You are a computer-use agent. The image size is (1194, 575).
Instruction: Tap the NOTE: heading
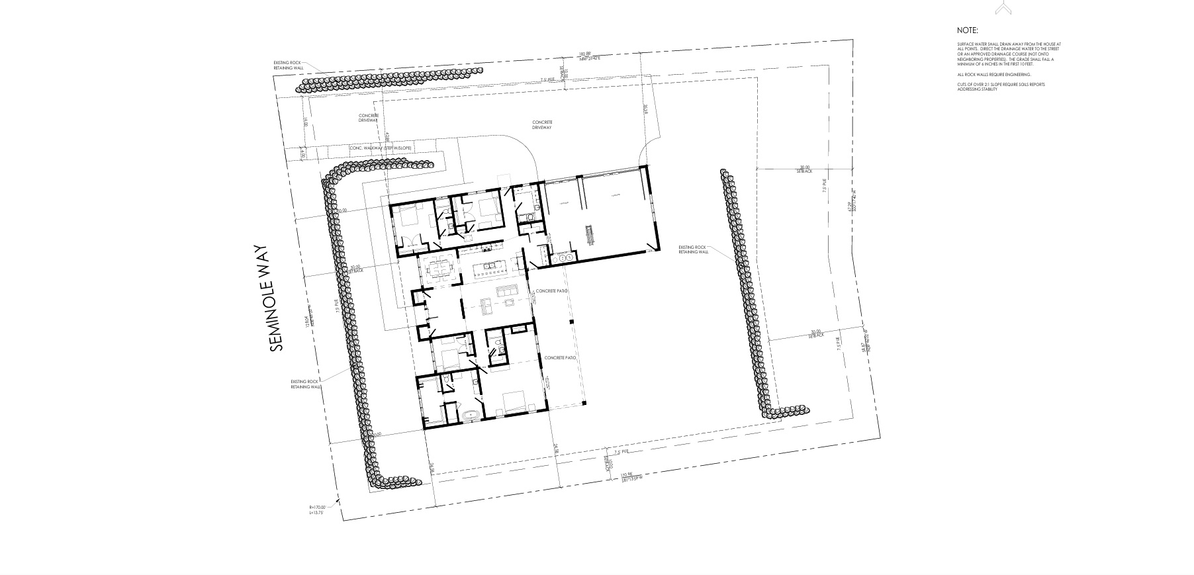[967, 30]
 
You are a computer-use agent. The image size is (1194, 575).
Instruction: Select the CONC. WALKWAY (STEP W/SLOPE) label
[380, 148]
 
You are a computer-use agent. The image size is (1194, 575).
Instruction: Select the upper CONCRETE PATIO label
[552, 290]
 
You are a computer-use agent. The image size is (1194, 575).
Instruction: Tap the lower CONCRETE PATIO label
[560, 357]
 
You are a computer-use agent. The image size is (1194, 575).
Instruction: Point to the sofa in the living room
[508, 292]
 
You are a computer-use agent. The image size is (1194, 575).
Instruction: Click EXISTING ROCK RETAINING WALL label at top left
[288, 65]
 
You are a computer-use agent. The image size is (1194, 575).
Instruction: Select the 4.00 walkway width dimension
[302, 152]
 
